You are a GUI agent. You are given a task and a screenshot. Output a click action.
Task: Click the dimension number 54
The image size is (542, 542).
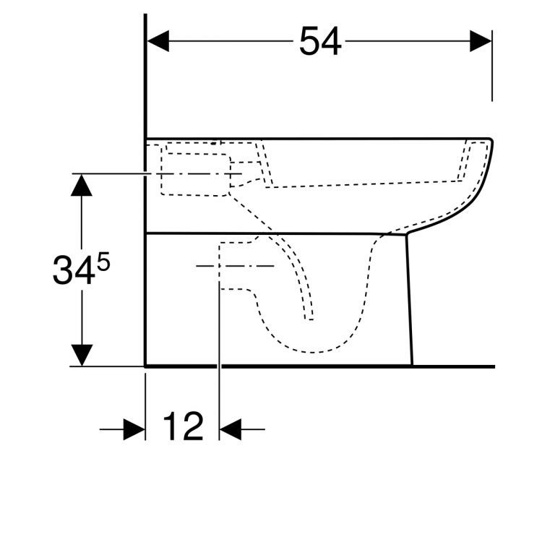(320, 41)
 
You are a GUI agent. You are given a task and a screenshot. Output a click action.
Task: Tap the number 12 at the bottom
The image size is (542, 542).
(183, 426)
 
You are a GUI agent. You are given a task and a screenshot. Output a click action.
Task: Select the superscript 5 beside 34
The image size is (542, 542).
(103, 262)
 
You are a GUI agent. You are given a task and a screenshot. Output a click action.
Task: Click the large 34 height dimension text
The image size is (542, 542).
(74, 270)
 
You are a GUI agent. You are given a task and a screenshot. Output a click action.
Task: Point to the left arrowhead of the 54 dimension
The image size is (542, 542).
(158, 41)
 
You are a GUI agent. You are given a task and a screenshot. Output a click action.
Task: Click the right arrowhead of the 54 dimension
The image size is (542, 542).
(481, 41)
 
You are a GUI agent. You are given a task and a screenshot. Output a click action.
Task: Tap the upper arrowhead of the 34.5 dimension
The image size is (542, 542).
(82, 185)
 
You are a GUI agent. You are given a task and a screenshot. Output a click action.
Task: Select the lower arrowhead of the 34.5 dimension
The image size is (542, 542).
(82, 355)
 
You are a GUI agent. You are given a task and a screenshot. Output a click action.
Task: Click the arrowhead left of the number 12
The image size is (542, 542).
(134, 429)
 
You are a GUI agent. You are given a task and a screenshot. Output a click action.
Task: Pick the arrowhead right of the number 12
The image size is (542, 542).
(231, 429)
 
